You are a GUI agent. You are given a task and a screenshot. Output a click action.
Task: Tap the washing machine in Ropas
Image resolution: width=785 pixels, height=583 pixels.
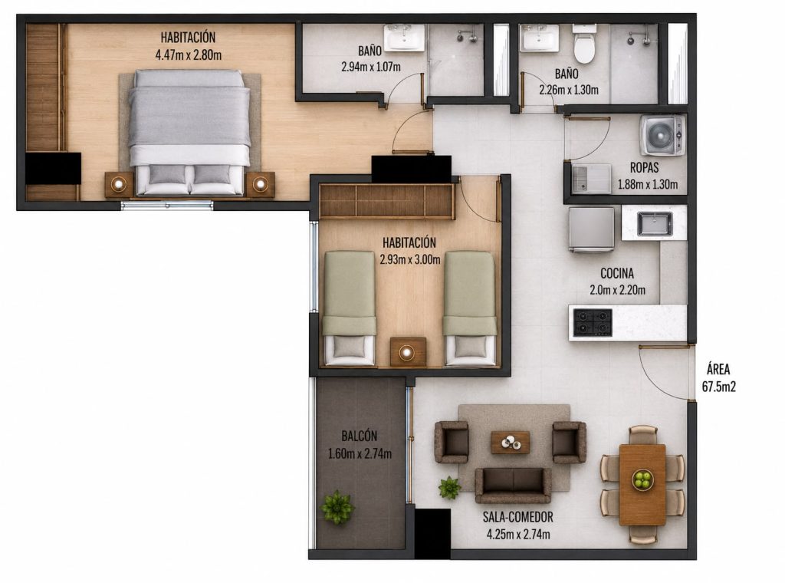click(x=662, y=135)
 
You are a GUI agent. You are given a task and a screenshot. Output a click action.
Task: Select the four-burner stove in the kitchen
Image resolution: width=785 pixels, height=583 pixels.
click(x=593, y=322)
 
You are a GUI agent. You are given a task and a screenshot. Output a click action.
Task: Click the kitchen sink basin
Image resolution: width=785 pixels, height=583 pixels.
click(x=655, y=223)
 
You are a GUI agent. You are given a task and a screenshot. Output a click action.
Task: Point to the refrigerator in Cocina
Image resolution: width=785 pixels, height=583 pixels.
click(x=591, y=229)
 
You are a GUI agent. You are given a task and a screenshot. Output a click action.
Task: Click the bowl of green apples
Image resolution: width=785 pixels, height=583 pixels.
click(x=642, y=479)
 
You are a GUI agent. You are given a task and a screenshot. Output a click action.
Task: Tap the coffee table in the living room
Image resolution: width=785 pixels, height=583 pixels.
click(x=510, y=443)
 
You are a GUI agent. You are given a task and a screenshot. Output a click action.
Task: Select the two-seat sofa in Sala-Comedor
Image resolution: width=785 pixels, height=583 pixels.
click(x=513, y=485)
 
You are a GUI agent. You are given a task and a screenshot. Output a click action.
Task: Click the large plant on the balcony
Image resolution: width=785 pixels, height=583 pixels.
click(x=337, y=507)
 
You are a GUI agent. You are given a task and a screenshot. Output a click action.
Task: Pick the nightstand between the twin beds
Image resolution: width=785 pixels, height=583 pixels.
click(x=408, y=352)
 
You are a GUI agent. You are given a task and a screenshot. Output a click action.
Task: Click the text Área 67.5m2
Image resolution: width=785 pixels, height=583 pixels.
click(x=718, y=378)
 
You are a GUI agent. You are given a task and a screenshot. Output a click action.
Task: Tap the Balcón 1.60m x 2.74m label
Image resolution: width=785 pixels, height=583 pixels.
click(x=360, y=445)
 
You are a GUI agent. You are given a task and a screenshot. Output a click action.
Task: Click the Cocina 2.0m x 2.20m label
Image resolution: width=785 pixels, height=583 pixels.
click(x=617, y=282)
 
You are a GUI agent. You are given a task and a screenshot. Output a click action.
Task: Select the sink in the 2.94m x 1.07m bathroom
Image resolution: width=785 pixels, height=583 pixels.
click(x=404, y=38)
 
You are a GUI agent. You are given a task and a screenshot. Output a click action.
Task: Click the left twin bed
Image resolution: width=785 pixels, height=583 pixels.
click(x=350, y=308)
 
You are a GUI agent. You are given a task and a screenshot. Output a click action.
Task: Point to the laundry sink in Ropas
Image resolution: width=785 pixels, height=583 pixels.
click(x=591, y=179)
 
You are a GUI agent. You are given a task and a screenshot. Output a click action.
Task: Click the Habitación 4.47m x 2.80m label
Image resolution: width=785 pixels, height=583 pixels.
click(x=189, y=46)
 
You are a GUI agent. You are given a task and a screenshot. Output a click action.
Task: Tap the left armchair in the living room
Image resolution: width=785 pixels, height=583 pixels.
click(x=452, y=442)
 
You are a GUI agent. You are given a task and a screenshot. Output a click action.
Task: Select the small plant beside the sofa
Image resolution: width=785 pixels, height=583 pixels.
click(x=449, y=487)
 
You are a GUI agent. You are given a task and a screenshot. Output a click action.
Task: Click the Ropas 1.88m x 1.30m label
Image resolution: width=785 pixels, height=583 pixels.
click(x=647, y=176)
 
